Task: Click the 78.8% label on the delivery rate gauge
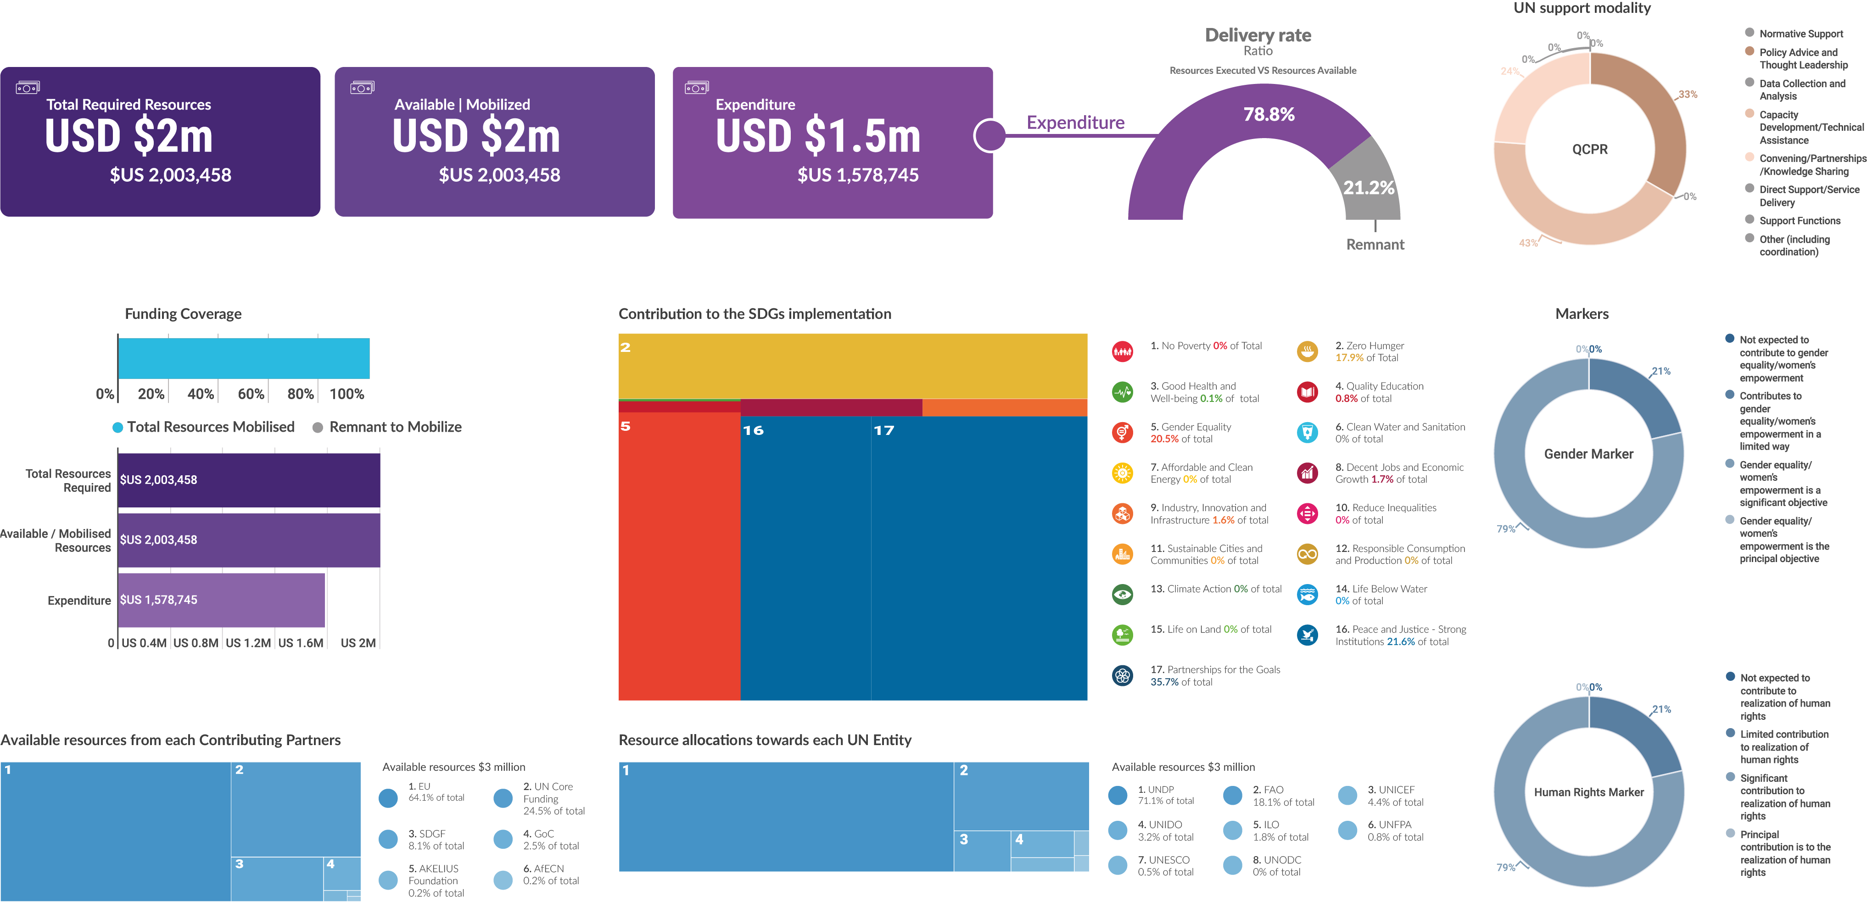(1269, 115)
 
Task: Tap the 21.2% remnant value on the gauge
(1369, 188)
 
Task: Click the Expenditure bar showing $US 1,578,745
(221, 600)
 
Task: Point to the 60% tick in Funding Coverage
(251, 393)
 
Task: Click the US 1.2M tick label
(248, 643)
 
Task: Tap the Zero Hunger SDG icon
(1307, 351)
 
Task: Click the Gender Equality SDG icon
(1122, 433)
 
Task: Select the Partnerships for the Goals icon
(1122, 675)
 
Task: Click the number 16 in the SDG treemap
(753, 430)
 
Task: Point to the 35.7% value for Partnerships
(1164, 682)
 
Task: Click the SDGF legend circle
(388, 839)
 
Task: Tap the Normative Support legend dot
(1749, 33)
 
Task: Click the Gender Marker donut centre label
(1588, 454)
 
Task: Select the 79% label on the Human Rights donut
(1505, 867)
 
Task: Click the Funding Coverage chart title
(183, 314)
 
